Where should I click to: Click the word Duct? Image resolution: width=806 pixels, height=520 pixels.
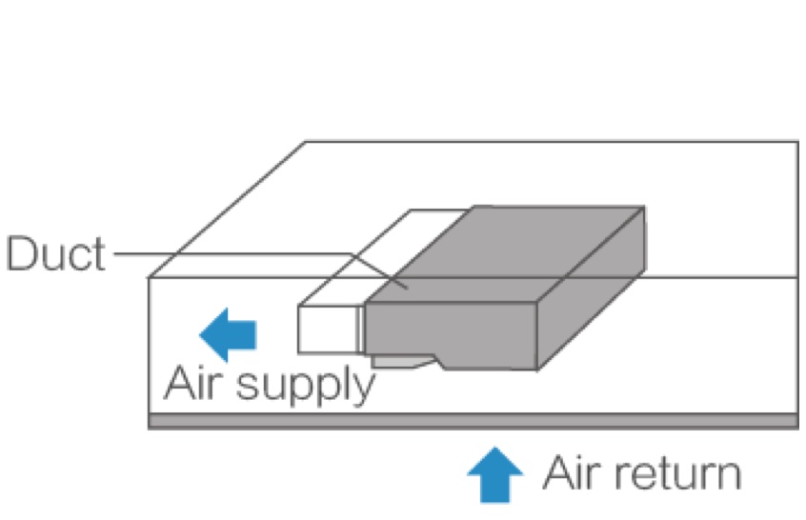tap(55, 254)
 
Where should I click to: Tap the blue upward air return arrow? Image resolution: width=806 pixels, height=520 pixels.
tap(495, 473)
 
